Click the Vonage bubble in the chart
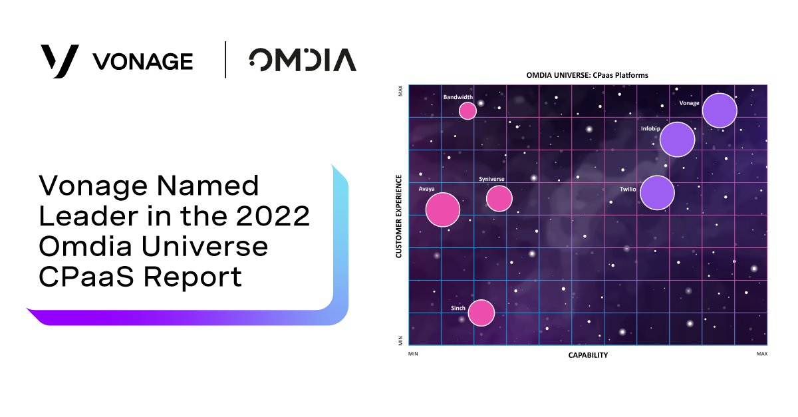pyautogui.click(x=720, y=110)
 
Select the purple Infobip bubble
pyautogui.click(x=677, y=140)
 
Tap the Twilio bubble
pyautogui.click(x=657, y=193)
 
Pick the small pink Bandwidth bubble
pyautogui.click(x=468, y=110)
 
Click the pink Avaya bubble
pyautogui.click(x=443, y=209)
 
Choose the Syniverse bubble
pyautogui.click(x=499, y=198)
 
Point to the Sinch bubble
pyautogui.click(x=481, y=313)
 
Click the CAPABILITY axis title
pyautogui.click(x=588, y=355)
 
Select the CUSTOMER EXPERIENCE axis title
pyautogui.click(x=399, y=216)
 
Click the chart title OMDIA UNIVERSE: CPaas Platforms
pyautogui.click(x=587, y=75)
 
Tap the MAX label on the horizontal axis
pyautogui.click(x=761, y=354)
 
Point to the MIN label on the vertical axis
pyautogui.click(x=400, y=340)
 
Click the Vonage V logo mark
pyautogui.click(x=60, y=61)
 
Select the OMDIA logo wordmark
pyautogui.click(x=303, y=60)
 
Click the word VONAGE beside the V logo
pyautogui.click(x=143, y=62)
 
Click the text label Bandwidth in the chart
pyautogui.click(x=458, y=97)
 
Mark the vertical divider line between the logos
pyautogui.click(x=225, y=60)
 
